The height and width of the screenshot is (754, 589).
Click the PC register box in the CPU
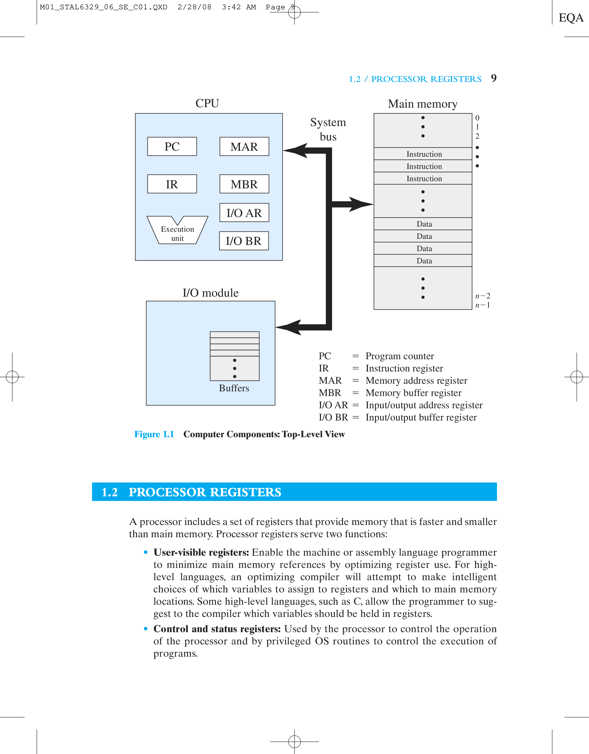pyautogui.click(x=172, y=146)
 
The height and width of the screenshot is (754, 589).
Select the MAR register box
pyautogui.click(x=244, y=146)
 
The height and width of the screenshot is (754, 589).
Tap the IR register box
pyautogui.click(x=172, y=184)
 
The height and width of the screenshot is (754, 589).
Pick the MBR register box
pyautogui.click(x=244, y=184)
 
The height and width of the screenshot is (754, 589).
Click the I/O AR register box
pyautogui.click(x=244, y=213)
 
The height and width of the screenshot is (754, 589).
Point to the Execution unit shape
pyautogui.click(x=178, y=232)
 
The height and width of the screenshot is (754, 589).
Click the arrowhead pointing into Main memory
pyautogui.click(x=361, y=204)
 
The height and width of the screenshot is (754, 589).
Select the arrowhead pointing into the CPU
pyautogui.click(x=296, y=151)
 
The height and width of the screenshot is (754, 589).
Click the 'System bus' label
pyautogui.click(x=328, y=129)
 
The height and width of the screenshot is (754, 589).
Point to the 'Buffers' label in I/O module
pyautogui.click(x=234, y=388)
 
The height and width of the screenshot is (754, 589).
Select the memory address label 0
pyautogui.click(x=477, y=118)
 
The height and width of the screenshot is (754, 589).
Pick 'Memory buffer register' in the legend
pyautogui.click(x=413, y=393)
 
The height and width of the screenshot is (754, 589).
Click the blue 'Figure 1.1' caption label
pyautogui.click(x=154, y=434)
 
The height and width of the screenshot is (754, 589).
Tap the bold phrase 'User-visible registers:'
pyautogui.click(x=201, y=552)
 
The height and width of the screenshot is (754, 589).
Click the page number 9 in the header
pyautogui.click(x=494, y=78)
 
